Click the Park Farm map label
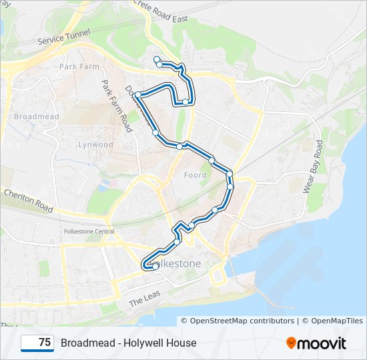coord(79,67)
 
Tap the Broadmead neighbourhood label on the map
coord(37,117)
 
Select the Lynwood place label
coord(96,145)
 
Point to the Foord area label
coord(196,175)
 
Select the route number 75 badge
coord(37,343)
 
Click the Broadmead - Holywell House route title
coord(128,343)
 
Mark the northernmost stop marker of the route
coord(157,60)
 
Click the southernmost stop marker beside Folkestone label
coord(155,266)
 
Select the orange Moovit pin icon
coord(291,343)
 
